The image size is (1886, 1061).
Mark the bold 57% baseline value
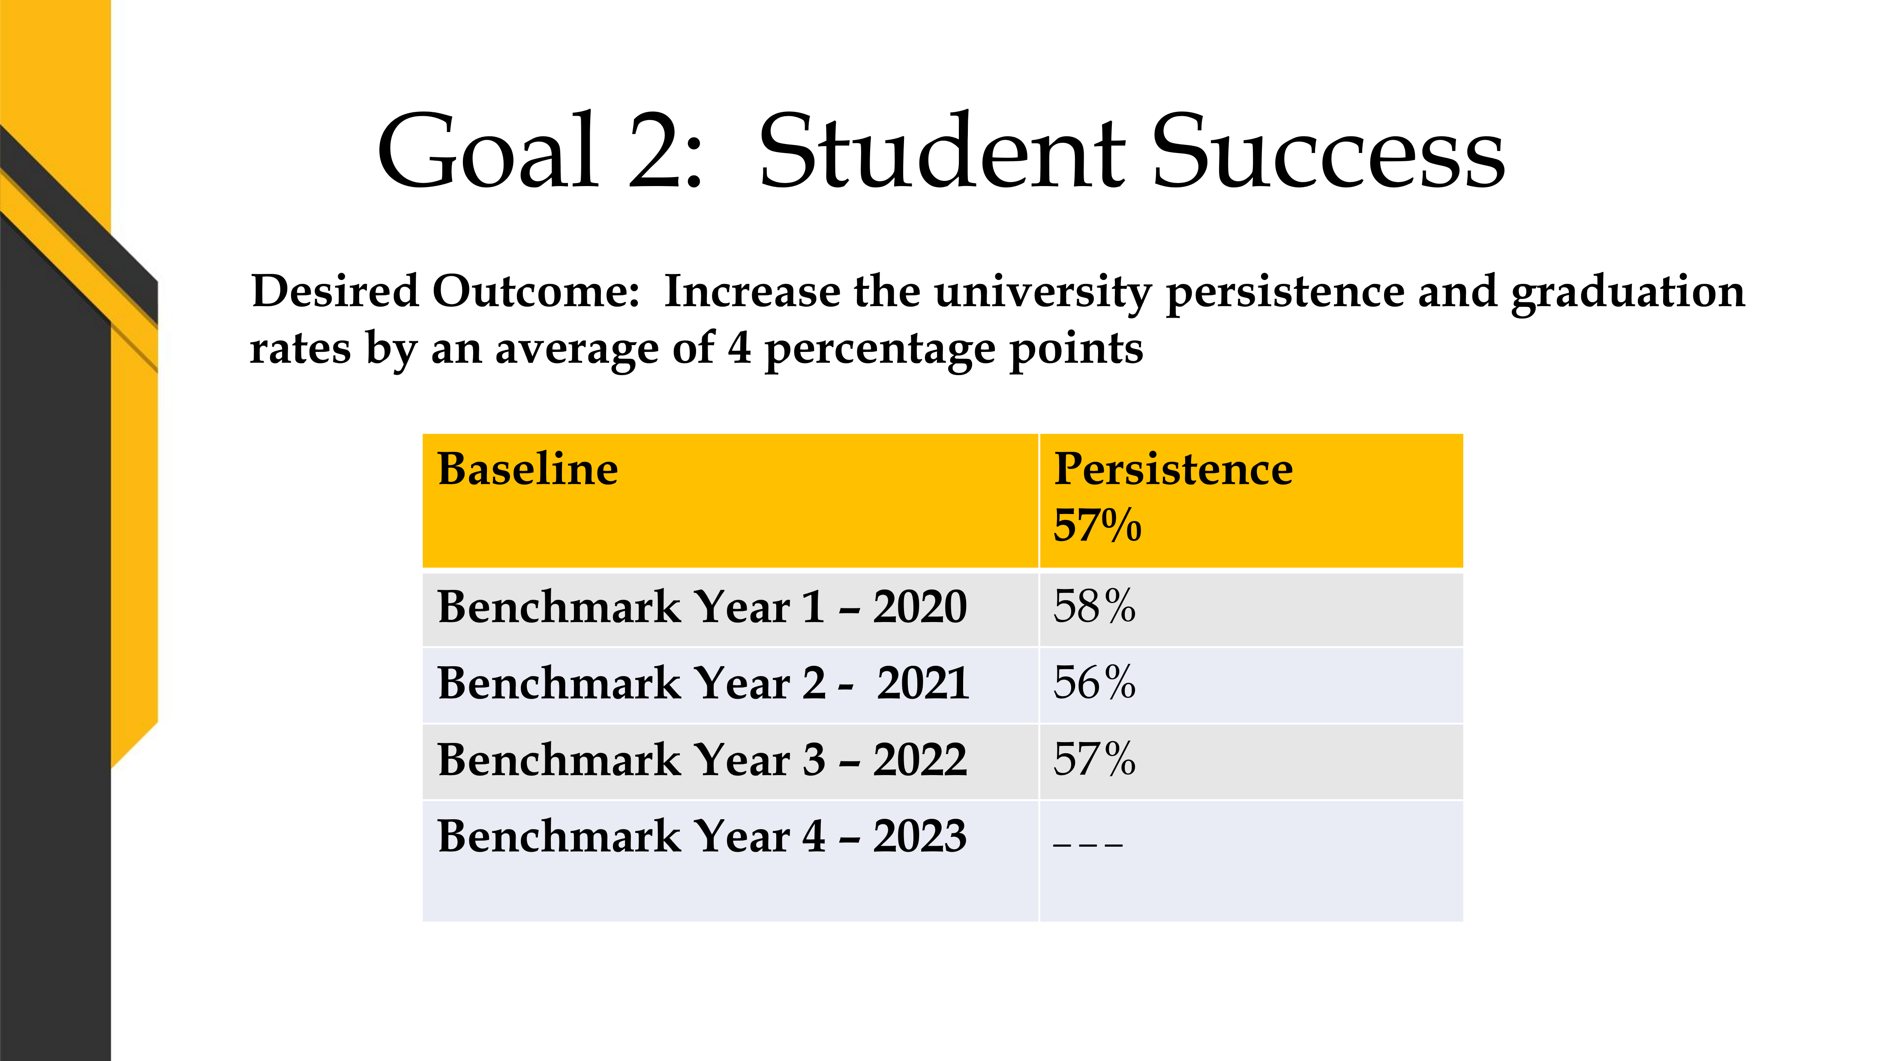[x=1097, y=526]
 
